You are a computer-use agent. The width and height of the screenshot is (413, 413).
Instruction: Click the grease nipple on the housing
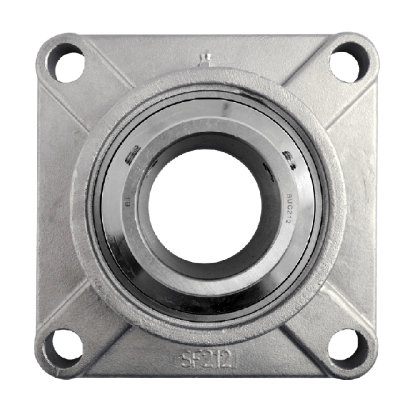205,60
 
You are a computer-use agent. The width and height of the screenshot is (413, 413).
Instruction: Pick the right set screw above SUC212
286,159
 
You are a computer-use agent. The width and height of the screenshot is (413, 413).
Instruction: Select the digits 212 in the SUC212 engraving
289,211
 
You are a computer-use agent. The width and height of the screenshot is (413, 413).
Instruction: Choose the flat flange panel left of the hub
55,205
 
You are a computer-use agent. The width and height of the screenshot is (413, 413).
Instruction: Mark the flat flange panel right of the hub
358,205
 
